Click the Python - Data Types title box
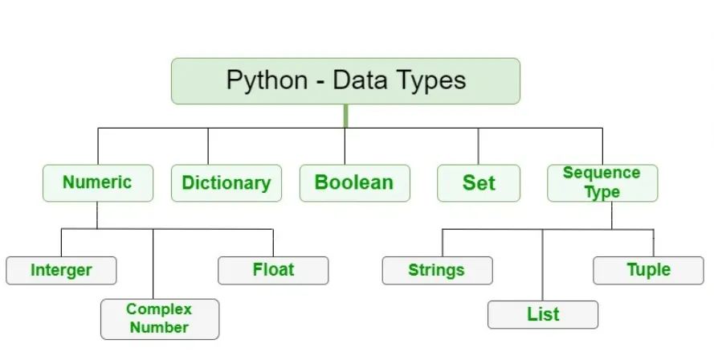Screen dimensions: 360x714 [x=345, y=81]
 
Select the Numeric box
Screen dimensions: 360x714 [x=97, y=182]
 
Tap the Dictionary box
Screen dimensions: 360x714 [x=226, y=182]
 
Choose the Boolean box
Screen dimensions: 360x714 [x=354, y=182]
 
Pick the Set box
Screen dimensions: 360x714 [x=479, y=182]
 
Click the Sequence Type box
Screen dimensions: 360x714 [x=602, y=182]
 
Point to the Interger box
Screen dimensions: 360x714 [x=61, y=270]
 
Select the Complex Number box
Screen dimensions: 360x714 [x=159, y=318]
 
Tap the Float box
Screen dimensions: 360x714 [x=273, y=270]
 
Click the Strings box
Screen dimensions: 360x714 [x=437, y=270]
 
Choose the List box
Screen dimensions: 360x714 [x=543, y=314]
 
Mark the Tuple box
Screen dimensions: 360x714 [x=648, y=270]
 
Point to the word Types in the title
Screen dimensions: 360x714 [x=434, y=81]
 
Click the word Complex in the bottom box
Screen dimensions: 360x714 [x=159, y=309]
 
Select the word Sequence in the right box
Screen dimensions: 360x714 [x=602, y=173]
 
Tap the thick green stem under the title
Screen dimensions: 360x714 [x=345, y=116]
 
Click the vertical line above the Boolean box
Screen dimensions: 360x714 [x=345, y=146]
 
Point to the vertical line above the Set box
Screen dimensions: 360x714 [x=479, y=146]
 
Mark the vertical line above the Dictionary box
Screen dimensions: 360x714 [x=208, y=146]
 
